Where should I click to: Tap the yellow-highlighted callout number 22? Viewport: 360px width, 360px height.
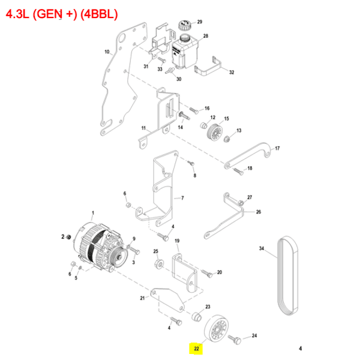196,347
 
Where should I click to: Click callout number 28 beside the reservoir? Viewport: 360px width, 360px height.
205,37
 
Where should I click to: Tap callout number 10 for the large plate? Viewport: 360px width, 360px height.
107,52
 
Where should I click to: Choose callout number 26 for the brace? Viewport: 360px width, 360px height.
259,212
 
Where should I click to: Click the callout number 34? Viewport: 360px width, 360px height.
262,248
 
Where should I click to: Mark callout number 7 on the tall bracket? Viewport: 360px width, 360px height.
182,198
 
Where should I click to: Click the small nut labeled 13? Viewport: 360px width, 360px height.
227,140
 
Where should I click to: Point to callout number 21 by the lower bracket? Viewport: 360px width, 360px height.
143,298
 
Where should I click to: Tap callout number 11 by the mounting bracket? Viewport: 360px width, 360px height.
143,128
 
